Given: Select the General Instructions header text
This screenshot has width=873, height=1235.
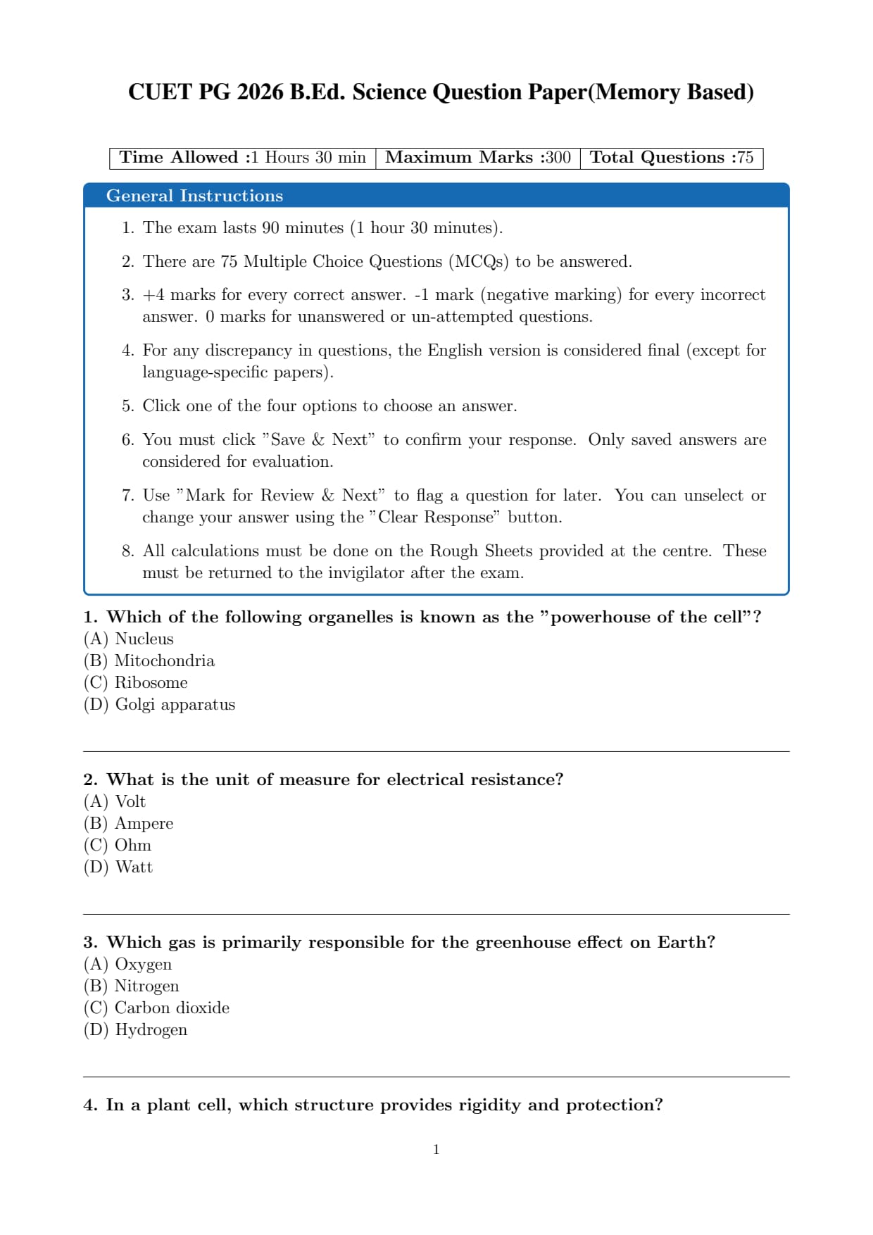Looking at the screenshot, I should (x=194, y=196).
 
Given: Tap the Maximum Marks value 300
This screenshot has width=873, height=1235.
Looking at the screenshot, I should (x=558, y=157).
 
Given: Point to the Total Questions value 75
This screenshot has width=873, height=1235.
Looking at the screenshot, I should (x=745, y=157).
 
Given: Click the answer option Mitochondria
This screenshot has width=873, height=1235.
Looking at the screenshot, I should (x=164, y=660).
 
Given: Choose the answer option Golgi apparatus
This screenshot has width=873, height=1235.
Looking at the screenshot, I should (x=175, y=704).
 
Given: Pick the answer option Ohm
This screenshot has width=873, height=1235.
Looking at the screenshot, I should (x=132, y=845).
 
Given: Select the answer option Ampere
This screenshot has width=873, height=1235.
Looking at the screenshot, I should (x=144, y=823).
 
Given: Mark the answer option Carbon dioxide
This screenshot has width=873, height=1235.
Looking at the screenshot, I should (x=172, y=1008).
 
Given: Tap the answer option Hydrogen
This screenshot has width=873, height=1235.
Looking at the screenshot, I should (x=151, y=1029).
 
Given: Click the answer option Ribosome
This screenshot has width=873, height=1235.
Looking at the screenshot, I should (x=151, y=682).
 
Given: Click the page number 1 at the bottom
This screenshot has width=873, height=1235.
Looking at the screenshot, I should (x=436, y=1149).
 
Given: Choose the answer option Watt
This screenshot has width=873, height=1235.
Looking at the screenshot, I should (x=134, y=867).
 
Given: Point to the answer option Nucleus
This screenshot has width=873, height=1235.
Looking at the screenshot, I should (x=144, y=639).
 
